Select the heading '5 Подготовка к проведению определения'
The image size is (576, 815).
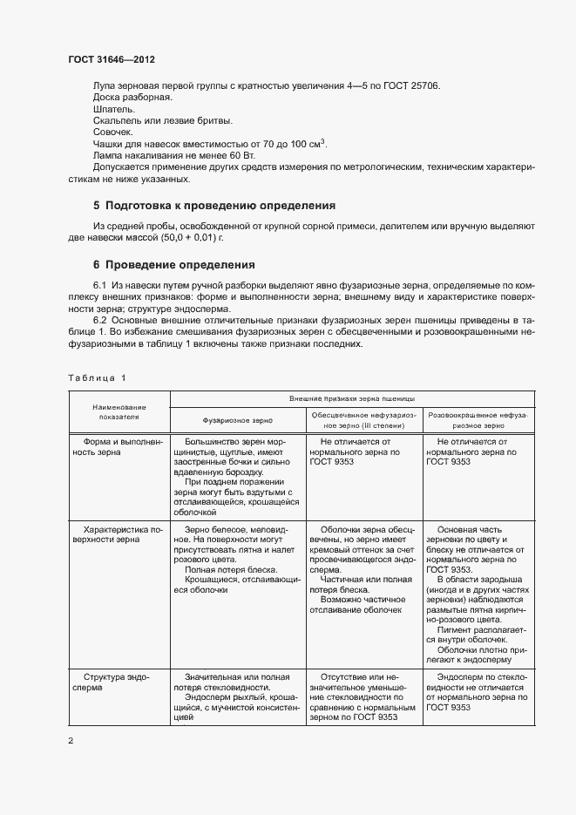tap(213, 206)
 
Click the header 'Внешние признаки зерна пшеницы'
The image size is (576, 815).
tap(358, 397)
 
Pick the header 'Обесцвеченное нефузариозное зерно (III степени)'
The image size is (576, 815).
tap(364, 421)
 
